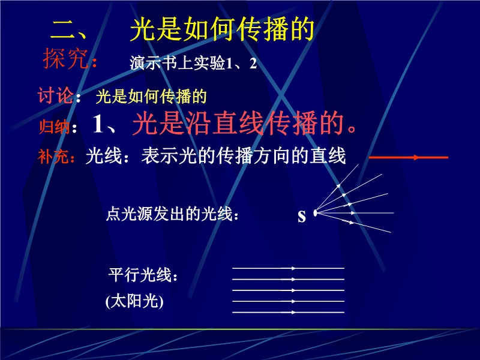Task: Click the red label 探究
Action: click(x=66, y=58)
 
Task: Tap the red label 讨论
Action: click(x=55, y=95)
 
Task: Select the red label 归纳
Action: click(x=53, y=126)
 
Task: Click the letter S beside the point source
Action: click(x=302, y=216)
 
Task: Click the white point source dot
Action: click(x=315, y=213)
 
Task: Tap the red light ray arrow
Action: click(x=409, y=158)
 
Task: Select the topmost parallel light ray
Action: click(x=289, y=268)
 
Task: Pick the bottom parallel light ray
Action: click(x=289, y=313)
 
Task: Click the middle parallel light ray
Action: click(x=289, y=290)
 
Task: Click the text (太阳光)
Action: click(x=134, y=301)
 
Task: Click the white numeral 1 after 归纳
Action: click(x=98, y=124)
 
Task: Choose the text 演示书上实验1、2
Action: click(x=193, y=64)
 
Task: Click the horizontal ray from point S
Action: click(x=355, y=213)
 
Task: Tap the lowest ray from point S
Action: click(x=353, y=223)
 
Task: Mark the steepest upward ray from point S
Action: click(x=337, y=188)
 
